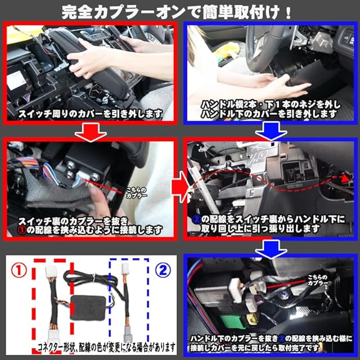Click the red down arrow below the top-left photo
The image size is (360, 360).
[91, 132]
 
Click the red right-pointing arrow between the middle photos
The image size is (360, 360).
[180, 187]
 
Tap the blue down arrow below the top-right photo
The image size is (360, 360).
[271, 131]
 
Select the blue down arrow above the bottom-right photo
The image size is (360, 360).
[271, 249]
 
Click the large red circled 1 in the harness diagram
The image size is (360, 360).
[19, 270]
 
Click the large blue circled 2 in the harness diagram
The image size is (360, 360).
[163, 270]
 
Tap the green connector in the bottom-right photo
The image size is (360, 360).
[230, 321]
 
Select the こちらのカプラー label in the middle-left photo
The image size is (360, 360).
[136, 193]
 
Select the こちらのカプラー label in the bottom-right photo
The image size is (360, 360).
[318, 280]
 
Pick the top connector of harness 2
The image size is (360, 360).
[125, 268]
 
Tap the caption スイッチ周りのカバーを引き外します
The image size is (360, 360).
[91, 114]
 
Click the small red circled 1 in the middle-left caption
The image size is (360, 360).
[22, 230]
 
